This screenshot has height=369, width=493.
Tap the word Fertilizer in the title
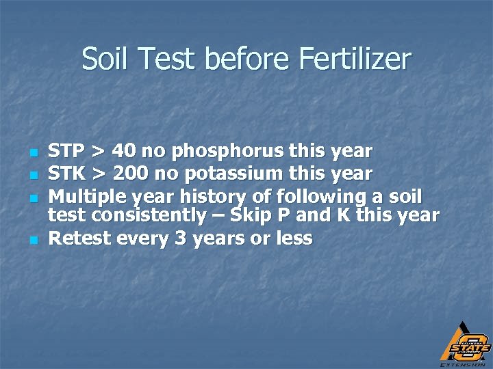355,59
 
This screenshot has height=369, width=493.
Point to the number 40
126,151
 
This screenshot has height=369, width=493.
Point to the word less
295,238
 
